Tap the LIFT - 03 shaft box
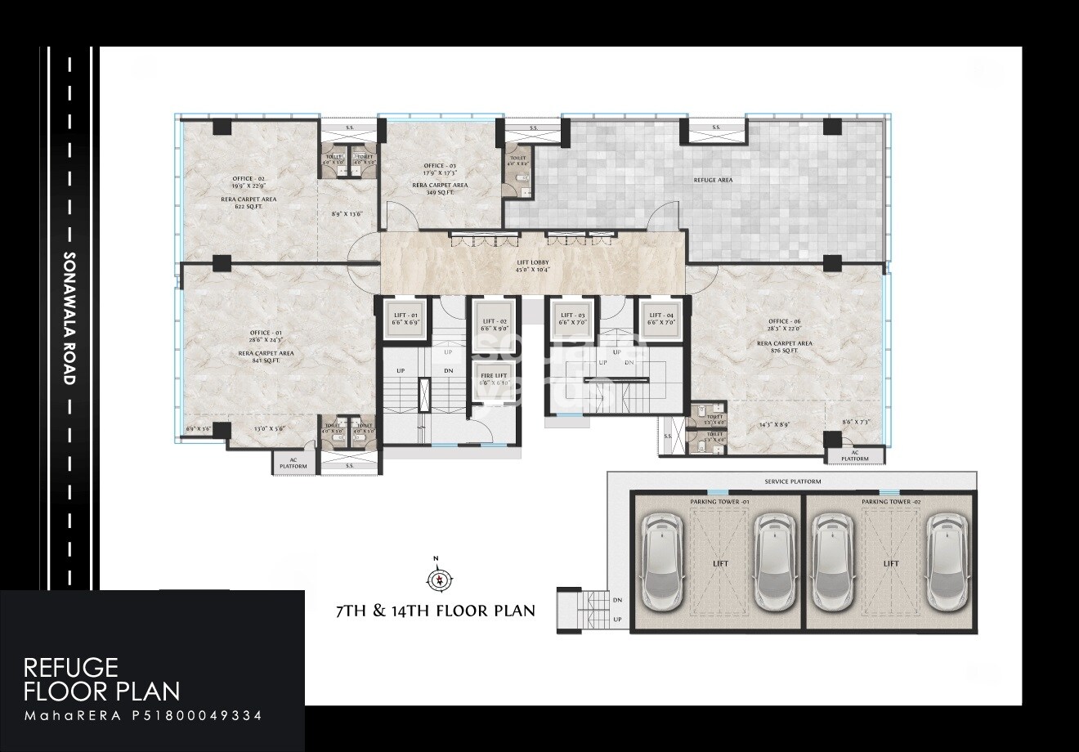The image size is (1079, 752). click(x=572, y=319)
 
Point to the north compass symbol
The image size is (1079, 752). click(x=437, y=578)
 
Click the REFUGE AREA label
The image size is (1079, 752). click(x=713, y=180)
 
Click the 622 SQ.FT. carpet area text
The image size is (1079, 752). click(x=248, y=207)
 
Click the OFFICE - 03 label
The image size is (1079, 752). click(x=440, y=165)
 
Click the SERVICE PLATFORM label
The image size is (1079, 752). click(x=791, y=482)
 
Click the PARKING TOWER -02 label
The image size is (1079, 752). click(x=891, y=501)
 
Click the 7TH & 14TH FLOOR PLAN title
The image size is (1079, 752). click(x=436, y=610)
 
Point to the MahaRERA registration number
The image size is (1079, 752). click(x=143, y=715)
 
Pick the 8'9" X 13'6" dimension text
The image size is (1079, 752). click(x=347, y=214)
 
